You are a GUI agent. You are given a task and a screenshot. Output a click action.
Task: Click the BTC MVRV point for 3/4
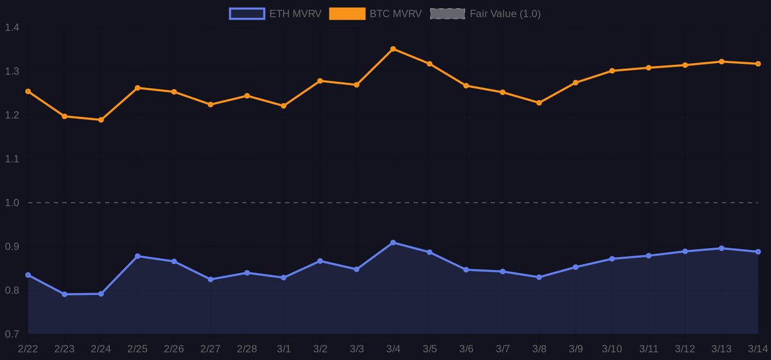coord(393,49)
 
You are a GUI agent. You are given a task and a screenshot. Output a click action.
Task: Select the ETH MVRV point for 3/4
coord(393,243)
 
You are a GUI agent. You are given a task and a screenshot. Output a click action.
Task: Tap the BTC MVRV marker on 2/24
coord(101,120)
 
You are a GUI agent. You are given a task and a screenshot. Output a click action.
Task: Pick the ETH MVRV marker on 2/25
coord(137,256)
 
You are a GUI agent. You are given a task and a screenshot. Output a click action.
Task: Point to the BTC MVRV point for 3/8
coord(539,103)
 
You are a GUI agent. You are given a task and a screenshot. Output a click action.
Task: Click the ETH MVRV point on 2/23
coord(64,294)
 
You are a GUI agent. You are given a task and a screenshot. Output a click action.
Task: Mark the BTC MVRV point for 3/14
coord(758,64)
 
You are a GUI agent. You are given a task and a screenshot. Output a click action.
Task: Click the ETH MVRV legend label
coord(295,14)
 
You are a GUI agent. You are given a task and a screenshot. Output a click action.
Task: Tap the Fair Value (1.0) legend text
coord(505,14)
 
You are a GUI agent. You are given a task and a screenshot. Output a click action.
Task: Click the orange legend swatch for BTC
coord(347,14)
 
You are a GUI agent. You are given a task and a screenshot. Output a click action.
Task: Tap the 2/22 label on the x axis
coord(28,349)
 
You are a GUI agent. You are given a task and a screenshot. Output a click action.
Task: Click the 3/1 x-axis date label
coord(283,349)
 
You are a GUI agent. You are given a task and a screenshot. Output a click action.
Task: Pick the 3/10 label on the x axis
coord(612,349)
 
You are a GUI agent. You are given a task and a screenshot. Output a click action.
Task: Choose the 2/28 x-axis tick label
coord(247,349)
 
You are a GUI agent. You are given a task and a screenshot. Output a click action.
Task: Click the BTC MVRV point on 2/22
coord(28,91)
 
